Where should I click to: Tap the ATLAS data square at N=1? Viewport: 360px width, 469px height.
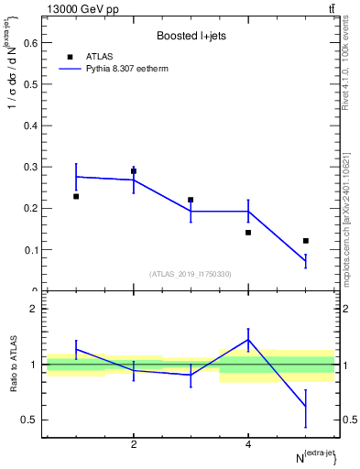(76, 196)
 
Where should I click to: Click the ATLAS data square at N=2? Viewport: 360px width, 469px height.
(134, 171)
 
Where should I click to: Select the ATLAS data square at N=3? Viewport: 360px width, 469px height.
(191, 200)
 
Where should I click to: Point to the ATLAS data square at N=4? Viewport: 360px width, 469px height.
(248, 233)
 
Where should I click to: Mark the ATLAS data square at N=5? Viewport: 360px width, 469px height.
(306, 241)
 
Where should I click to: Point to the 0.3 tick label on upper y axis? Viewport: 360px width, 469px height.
(30, 167)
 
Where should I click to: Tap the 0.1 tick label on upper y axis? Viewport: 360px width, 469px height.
(30, 250)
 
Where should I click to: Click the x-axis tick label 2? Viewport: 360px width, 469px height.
(134, 445)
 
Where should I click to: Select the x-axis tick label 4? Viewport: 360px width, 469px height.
(248, 445)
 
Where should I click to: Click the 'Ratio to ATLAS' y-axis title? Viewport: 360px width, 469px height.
(12, 365)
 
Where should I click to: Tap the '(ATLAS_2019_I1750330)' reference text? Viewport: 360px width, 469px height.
(191, 273)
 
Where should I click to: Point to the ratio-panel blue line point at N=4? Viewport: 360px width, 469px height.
(248, 340)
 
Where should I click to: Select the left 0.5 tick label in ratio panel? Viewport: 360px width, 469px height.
(30, 420)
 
